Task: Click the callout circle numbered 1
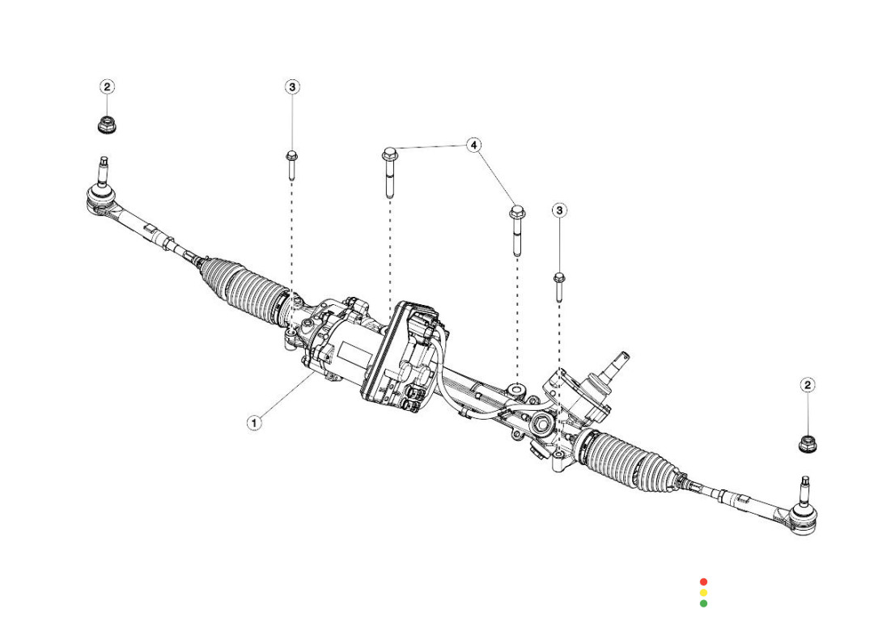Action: (254, 422)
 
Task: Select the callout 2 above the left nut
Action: (108, 87)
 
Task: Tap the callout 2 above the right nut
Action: (807, 385)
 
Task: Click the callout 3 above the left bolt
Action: (292, 87)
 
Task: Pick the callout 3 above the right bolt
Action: (559, 210)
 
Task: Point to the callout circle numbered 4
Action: (475, 146)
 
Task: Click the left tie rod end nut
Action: (104, 125)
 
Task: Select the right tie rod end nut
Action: (807, 443)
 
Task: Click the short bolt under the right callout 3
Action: (559, 286)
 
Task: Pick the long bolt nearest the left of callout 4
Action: (389, 171)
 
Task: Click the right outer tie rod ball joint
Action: (804, 513)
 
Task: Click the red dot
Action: (703, 582)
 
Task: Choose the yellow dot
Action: (703, 593)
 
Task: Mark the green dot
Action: (703, 603)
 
